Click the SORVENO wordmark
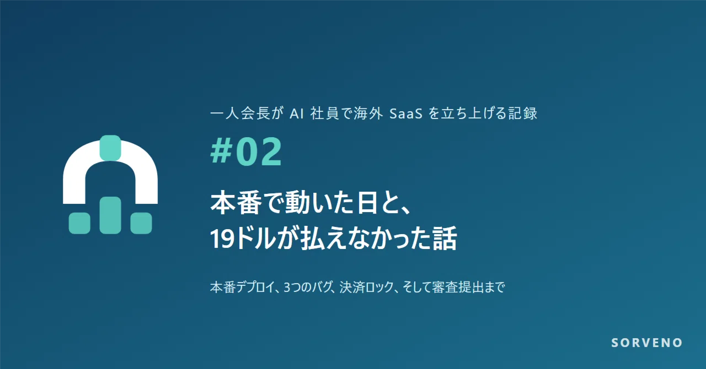click(647, 343)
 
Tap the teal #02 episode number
click(246, 152)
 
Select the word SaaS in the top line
click(405, 113)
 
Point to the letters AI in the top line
click(296, 113)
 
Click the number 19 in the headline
click(222, 238)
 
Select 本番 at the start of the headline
click(236, 203)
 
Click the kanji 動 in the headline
click(297, 203)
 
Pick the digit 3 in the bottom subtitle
click(287, 287)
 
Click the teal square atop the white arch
click(110, 148)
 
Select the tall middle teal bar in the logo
click(110, 215)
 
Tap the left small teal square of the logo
click(79, 223)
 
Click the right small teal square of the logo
click(141, 223)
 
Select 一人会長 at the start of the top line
click(240, 113)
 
